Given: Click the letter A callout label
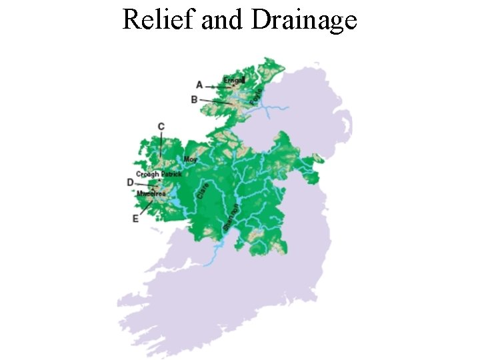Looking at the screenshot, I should point(199,85).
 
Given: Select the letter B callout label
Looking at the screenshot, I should point(194,99).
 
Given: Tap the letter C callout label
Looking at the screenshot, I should point(161,127).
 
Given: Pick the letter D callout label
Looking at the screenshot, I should point(130,182).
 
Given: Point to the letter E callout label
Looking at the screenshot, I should point(135,218).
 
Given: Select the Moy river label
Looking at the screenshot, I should point(190,159).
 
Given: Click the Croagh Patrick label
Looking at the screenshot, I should point(159,174).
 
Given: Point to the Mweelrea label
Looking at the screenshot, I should point(151,193).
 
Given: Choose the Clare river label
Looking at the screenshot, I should point(204,190).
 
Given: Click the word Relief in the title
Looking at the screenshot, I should point(159,20).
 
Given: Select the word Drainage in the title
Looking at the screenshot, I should point(304,20).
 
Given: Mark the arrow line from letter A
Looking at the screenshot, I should point(215,86).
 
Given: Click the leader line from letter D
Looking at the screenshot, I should point(145,184).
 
